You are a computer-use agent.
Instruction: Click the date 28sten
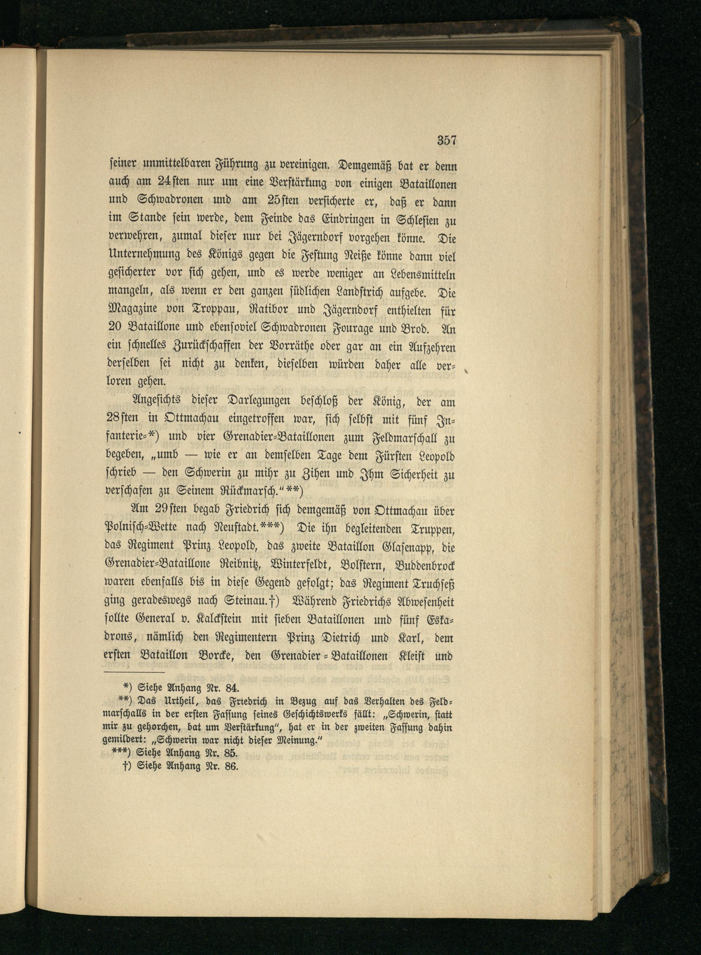(122, 419)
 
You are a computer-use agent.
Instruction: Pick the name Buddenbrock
(425, 566)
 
